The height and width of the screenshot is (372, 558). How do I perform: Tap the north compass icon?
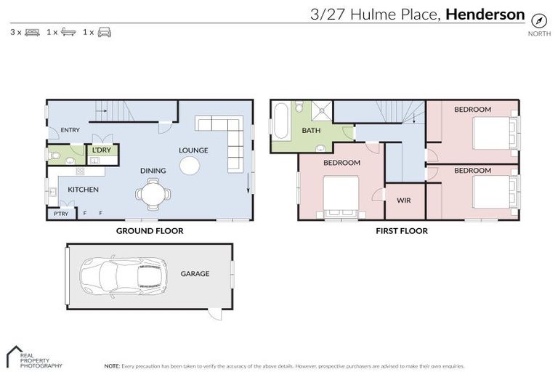pos(538,20)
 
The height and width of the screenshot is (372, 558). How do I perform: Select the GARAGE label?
pos(195,274)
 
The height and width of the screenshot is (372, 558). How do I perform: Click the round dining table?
pos(153,194)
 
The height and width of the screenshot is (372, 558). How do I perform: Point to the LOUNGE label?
pos(194,150)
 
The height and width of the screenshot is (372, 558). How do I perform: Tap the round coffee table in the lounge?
pos(190,166)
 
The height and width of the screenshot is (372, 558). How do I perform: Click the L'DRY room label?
pos(100,150)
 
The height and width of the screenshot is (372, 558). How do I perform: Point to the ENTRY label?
pos(70,130)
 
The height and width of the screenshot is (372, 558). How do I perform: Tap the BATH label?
pos(311,131)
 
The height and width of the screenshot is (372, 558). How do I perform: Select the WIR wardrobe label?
pos(403,200)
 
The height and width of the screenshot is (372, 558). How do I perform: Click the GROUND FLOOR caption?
pos(150,231)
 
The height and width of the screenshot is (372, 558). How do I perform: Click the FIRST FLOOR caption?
pos(401,231)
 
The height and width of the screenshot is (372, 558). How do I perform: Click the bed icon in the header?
pos(32,33)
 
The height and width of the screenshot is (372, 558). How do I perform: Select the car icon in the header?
pos(105,33)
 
